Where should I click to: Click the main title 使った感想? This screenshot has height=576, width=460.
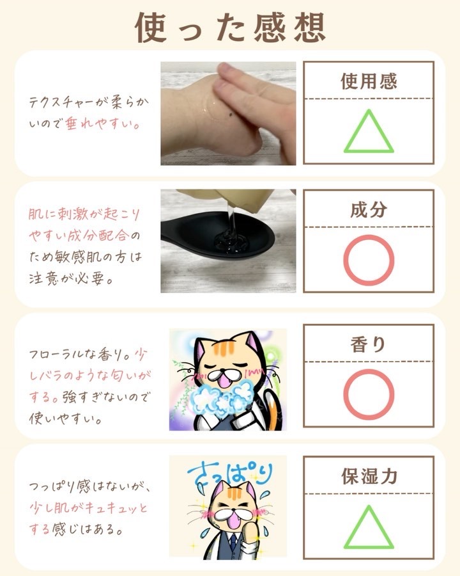pos(231,28)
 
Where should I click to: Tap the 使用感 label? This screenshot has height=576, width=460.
pos(369,81)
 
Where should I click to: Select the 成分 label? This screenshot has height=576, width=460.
pos(369,209)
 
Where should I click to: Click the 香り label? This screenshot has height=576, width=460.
pos(368,344)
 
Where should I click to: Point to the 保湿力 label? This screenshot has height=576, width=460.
pos(369,476)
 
